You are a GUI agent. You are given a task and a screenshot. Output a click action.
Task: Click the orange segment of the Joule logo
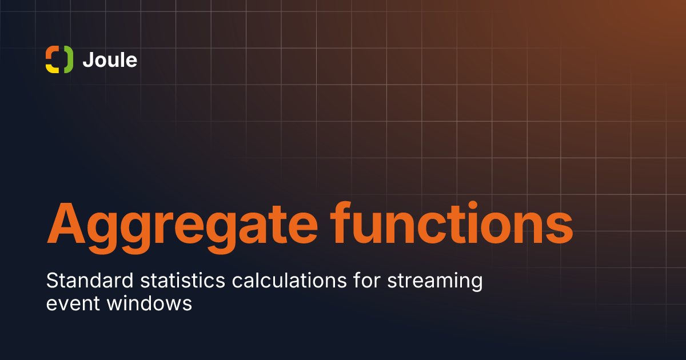(50, 53)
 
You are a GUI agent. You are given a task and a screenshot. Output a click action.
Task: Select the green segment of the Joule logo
(68, 59)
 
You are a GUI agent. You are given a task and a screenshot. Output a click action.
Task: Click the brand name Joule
(110, 60)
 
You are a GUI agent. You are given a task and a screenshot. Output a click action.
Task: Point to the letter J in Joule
(87, 60)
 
